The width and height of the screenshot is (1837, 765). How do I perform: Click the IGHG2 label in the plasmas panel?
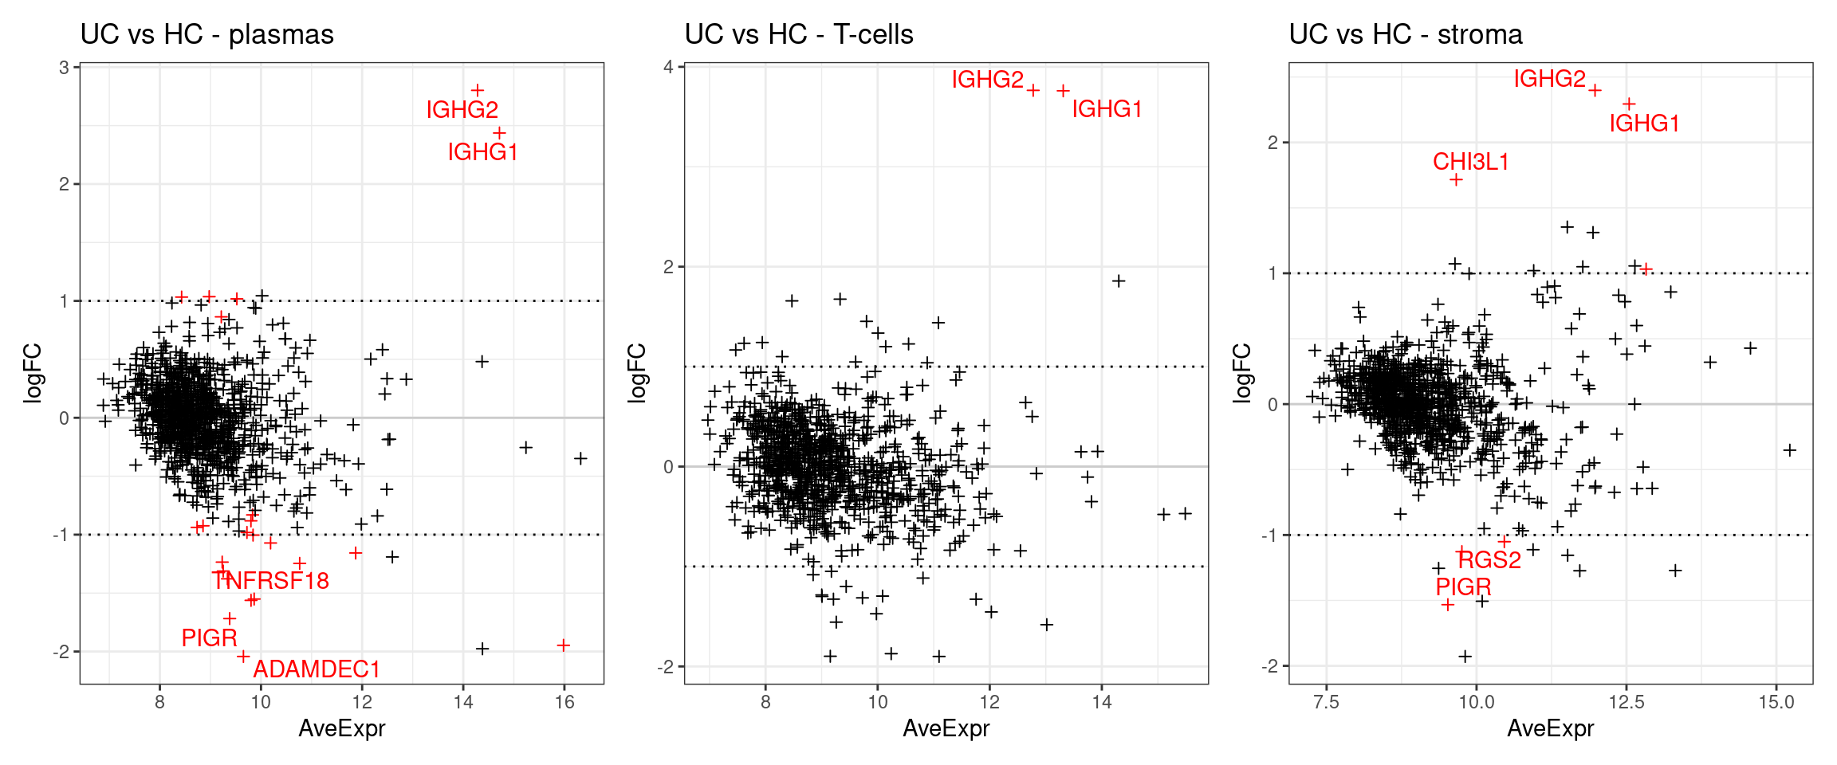tap(462, 109)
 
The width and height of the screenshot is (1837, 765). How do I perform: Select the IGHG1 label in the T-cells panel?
tap(1107, 109)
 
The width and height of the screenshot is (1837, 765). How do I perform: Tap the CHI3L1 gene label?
tap(1470, 162)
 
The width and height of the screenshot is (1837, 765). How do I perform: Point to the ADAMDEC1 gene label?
tap(316, 669)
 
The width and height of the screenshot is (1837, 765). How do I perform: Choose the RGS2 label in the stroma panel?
tap(1489, 559)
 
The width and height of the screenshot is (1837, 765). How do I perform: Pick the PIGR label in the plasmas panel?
tap(209, 637)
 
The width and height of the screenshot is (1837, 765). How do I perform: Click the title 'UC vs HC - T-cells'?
tap(798, 34)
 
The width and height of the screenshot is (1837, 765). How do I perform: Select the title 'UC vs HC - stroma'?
tap(1405, 34)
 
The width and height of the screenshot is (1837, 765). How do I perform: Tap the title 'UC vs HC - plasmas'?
tap(207, 34)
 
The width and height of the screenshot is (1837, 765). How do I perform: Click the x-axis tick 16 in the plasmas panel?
tap(564, 702)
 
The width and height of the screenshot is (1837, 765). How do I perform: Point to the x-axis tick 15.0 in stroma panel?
tap(1776, 702)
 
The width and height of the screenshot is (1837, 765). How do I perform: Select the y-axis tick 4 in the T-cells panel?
tap(668, 67)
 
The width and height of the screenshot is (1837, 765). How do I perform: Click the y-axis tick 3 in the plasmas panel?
tap(64, 67)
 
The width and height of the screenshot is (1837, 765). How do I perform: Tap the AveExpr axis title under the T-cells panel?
tap(946, 728)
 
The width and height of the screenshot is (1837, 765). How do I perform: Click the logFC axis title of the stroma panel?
tap(1242, 373)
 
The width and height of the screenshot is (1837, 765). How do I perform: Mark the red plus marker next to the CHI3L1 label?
tap(1456, 180)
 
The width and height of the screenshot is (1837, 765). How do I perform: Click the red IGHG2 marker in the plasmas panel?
tap(477, 90)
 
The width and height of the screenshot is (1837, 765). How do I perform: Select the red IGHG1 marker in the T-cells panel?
tap(1063, 91)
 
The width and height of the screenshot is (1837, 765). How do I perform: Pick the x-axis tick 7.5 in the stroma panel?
tap(1326, 702)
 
